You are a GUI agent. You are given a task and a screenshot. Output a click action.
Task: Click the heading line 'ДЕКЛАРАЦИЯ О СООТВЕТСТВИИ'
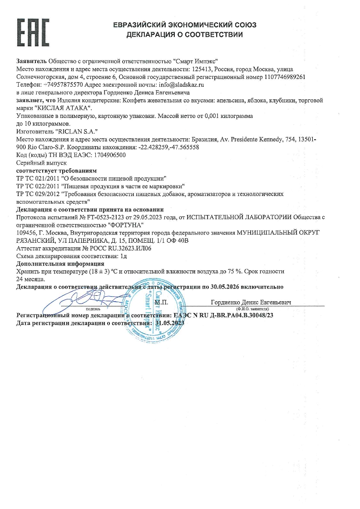[184, 34]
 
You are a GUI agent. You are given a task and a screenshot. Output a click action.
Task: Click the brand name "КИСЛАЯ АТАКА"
[64, 108]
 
